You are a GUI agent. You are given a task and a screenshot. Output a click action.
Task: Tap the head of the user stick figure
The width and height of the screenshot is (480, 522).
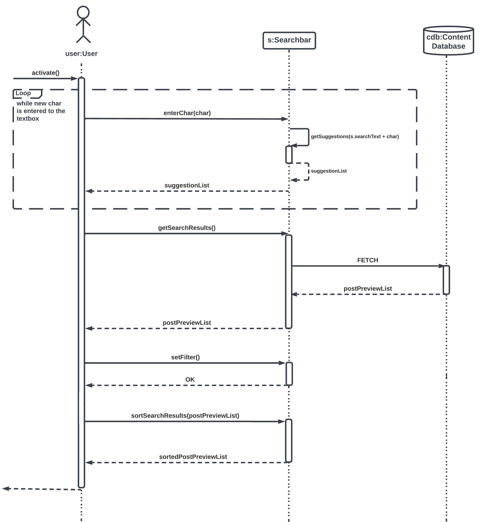(83, 12)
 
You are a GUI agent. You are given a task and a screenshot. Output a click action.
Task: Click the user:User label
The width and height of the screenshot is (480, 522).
(81, 54)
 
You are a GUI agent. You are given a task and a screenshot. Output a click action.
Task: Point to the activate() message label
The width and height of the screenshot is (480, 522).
(45, 73)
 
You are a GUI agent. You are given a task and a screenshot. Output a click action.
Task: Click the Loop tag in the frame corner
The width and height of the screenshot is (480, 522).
(23, 93)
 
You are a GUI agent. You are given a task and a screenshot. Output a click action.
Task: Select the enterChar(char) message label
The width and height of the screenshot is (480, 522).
(187, 113)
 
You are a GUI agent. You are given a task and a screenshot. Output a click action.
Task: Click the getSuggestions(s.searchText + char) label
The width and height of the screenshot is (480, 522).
(355, 137)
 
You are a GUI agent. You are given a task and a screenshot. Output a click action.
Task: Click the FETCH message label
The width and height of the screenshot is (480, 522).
(368, 260)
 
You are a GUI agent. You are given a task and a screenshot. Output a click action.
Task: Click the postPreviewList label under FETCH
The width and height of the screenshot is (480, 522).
(368, 288)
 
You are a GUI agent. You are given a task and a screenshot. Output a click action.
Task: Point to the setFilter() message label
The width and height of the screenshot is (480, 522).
(185, 357)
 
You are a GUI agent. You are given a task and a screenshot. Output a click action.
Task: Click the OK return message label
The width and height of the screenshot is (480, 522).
(190, 380)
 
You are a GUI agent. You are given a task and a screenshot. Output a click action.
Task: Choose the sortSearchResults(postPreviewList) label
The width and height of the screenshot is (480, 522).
(185, 415)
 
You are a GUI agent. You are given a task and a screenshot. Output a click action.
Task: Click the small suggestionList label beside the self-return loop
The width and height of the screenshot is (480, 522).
(329, 171)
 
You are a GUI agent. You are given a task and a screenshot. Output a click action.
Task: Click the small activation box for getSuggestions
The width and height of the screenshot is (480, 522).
(289, 155)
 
